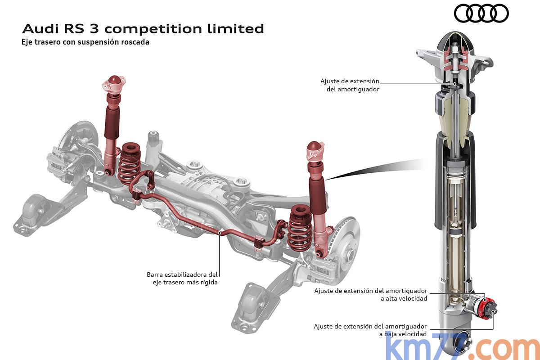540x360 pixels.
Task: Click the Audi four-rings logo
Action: pos(481,13)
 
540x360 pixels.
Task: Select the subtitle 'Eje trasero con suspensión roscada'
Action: pos(85,43)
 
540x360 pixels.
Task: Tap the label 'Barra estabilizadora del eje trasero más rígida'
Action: pos(182,278)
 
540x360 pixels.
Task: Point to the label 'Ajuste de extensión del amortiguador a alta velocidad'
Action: pos(370,294)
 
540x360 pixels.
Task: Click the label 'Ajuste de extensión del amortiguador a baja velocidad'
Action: pos(370,330)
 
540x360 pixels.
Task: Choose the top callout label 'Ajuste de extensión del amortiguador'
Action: pos(350,85)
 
